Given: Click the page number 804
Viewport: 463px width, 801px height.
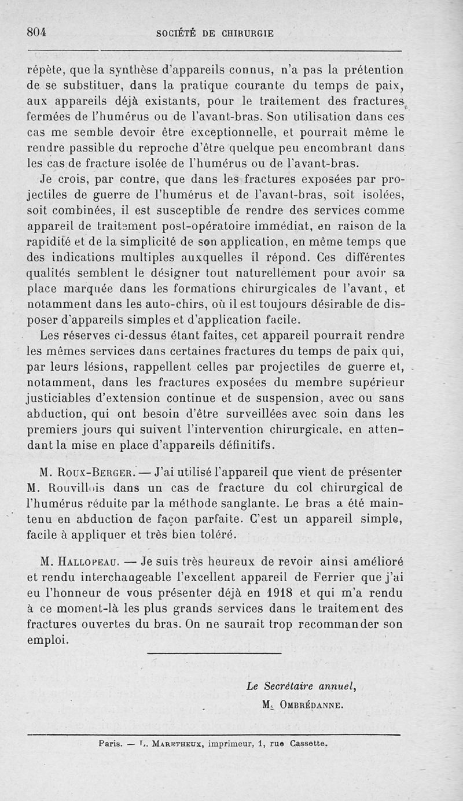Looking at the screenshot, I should pyautogui.click(x=36, y=32).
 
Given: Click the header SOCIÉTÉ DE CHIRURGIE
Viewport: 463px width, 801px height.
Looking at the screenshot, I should pyautogui.click(x=215, y=34).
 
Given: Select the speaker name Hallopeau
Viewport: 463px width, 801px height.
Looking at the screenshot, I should pyautogui.click(x=87, y=562).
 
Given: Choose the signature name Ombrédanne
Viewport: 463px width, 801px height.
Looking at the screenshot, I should pyautogui.click(x=311, y=704).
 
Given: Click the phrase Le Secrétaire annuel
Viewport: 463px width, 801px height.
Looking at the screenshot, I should pyautogui.click(x=300, y=686).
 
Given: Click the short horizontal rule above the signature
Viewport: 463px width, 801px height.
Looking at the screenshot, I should pyautogui.click(x=214, y=654).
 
